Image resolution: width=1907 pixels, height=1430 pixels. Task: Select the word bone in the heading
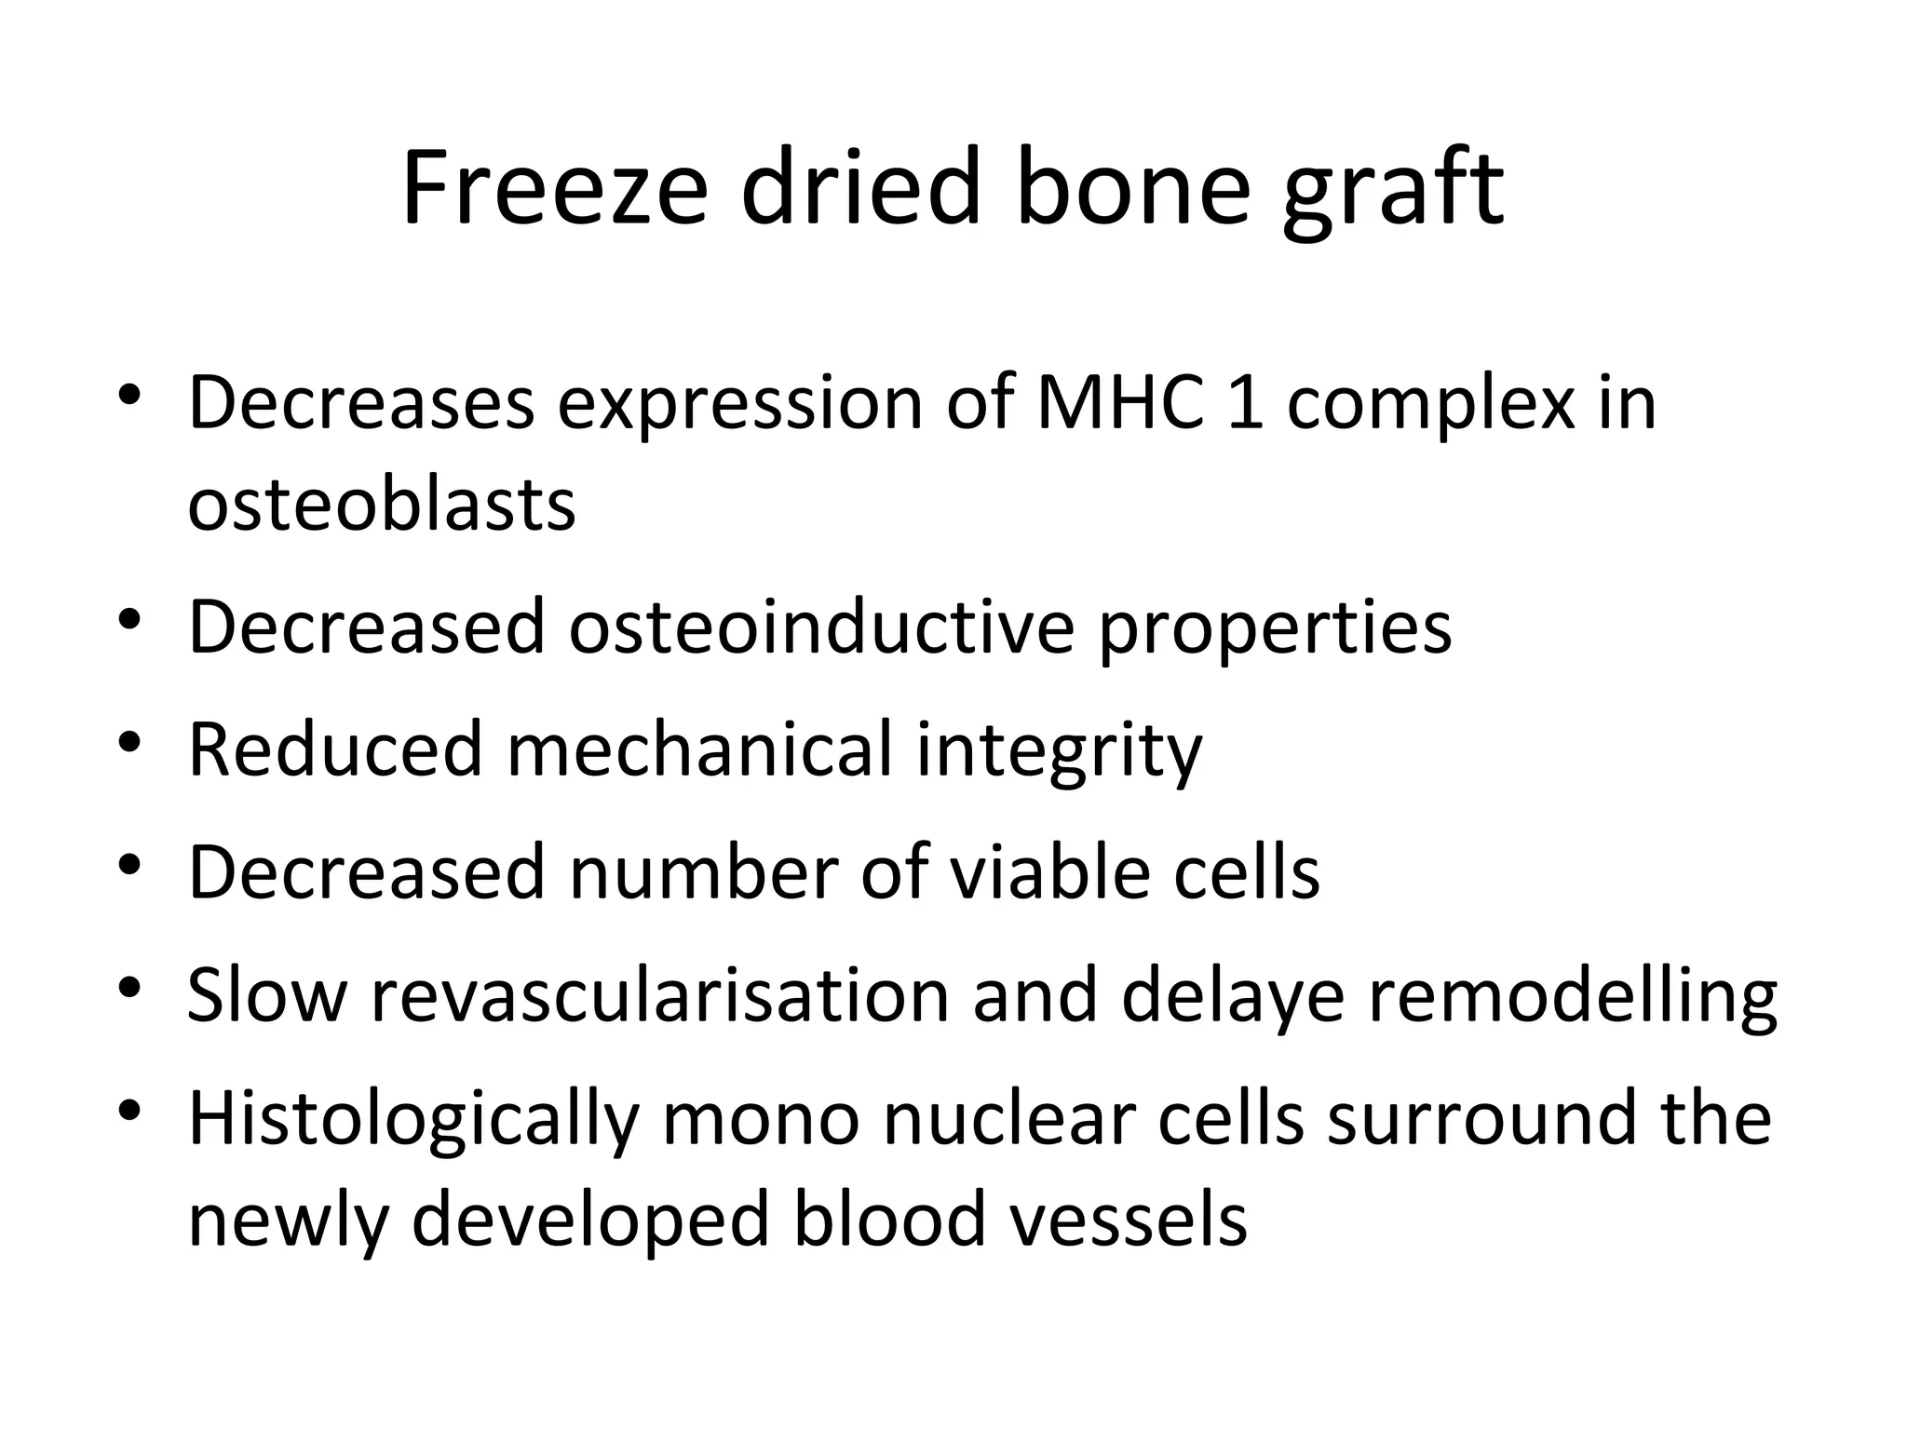(1132, 188)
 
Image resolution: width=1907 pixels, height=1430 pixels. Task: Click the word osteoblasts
(382, 506)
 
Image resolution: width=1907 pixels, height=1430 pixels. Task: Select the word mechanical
(699, 749)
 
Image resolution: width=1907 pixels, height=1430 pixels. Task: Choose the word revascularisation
(660, 996)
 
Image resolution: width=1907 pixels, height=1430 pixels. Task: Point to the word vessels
(1129, 1221)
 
